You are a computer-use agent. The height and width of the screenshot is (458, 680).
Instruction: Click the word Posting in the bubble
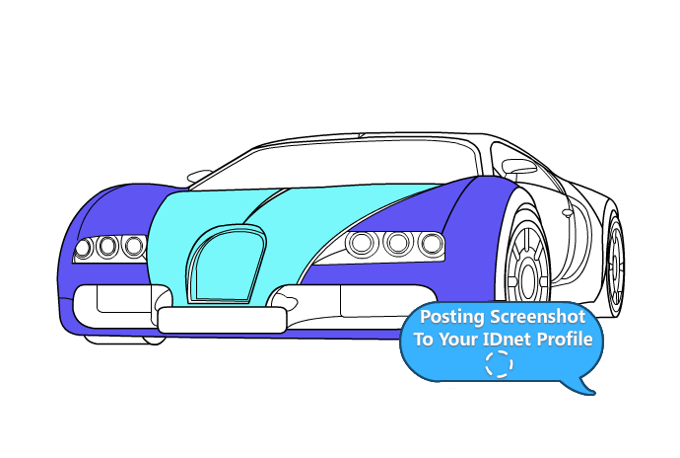(452, 318)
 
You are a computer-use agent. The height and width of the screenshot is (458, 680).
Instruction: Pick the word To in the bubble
(424, 341)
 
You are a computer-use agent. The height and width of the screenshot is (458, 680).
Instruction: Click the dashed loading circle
(500, 365)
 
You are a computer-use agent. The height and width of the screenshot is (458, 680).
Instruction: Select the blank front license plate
(222, 319)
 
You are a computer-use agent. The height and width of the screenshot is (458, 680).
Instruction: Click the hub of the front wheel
(529, 267)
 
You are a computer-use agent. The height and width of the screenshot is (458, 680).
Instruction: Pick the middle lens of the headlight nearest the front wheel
(397, 242)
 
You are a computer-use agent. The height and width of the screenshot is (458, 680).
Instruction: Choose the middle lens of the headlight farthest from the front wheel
(107, 246)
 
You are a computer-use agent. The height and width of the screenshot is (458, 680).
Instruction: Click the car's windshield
(335, 163)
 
